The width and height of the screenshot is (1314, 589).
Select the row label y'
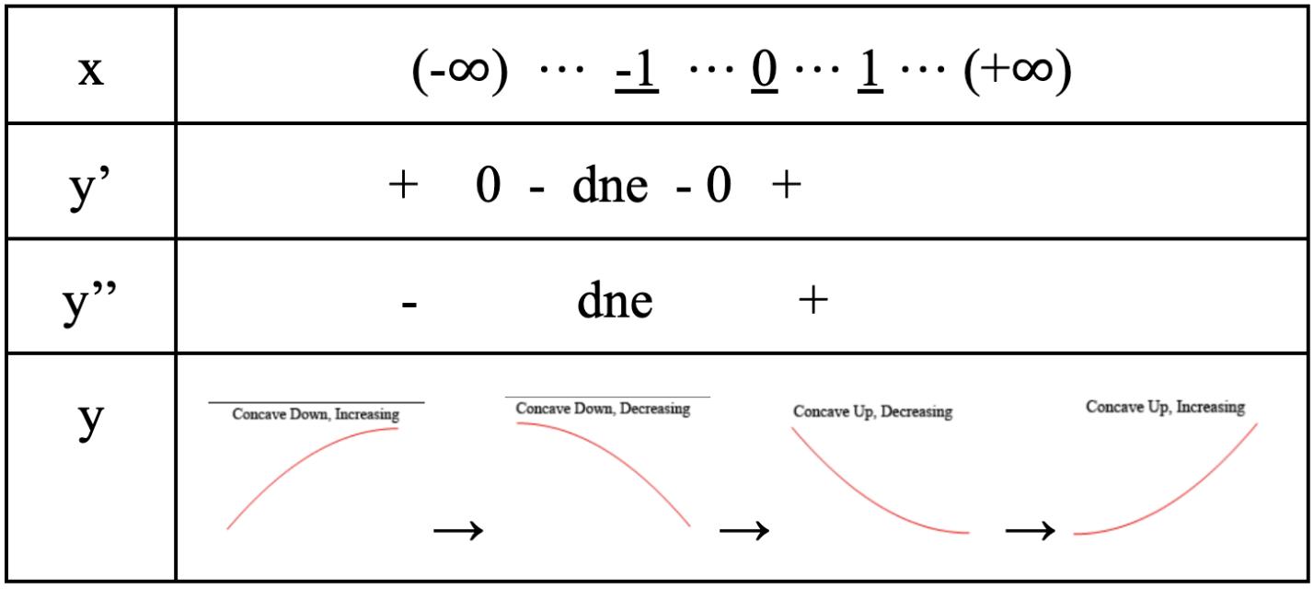89,188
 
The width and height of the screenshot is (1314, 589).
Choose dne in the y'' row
615,301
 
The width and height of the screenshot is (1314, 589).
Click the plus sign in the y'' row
813,301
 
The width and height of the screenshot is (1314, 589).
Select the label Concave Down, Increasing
316,414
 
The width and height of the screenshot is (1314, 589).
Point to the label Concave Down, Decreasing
603,409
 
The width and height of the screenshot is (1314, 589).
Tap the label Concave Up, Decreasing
872,412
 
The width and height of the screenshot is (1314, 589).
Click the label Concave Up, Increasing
1165,407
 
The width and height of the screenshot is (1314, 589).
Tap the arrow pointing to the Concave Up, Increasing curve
1030,530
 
